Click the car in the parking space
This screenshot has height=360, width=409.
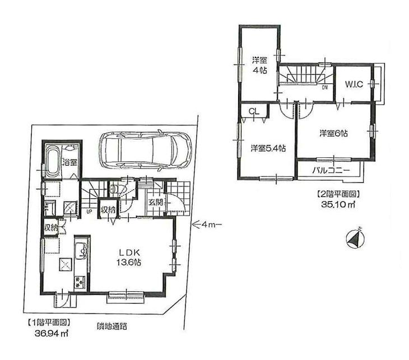coord(145,149)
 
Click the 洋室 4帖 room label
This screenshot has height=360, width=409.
coord(258,65)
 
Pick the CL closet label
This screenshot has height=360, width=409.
coord(254,111)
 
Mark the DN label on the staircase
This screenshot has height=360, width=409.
coord(324,87)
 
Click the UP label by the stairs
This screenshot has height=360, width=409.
coord(89,212)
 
